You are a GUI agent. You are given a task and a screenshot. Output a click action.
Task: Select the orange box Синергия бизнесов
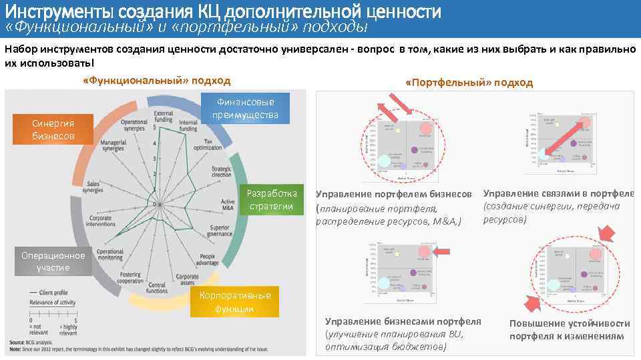[53, 130]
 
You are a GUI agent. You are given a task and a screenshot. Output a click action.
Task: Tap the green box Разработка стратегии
[272, 199]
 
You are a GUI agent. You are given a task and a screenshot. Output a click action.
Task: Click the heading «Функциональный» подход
[156, 81]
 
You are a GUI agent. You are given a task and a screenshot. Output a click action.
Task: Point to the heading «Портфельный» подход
[469, 82]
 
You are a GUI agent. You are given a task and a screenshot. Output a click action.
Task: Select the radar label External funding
[164, 117]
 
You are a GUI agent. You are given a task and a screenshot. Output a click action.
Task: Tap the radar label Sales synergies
[92, 186]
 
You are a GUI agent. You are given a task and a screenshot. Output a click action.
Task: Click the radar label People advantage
[208, 259]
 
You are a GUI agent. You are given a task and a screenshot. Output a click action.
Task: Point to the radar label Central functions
[157, 287]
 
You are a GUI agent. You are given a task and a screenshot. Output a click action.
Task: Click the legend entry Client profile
[53, 292]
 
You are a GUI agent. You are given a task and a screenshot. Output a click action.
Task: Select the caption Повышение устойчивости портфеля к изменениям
[569, 329]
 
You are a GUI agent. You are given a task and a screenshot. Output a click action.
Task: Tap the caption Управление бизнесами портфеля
[403, 321]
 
